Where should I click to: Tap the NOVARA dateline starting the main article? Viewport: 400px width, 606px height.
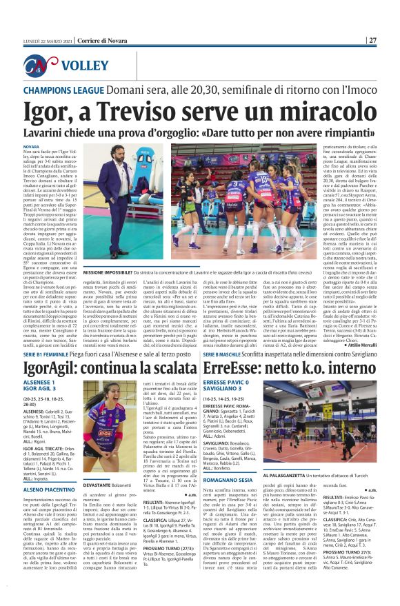[32, 148]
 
